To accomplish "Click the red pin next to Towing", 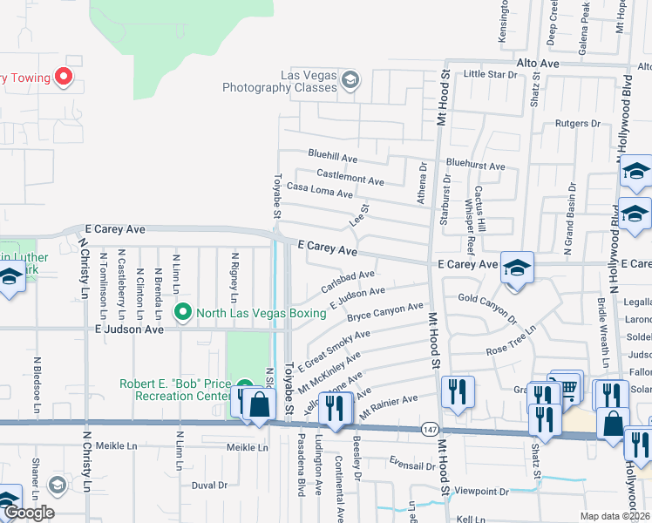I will coord(63,78).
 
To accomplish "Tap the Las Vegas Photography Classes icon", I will coord(350,80).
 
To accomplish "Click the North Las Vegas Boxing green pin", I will coord(183,311).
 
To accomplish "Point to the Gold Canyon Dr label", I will coord(487,302).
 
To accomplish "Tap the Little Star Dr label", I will coord(490,75).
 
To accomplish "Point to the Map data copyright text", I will coord(615,516).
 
